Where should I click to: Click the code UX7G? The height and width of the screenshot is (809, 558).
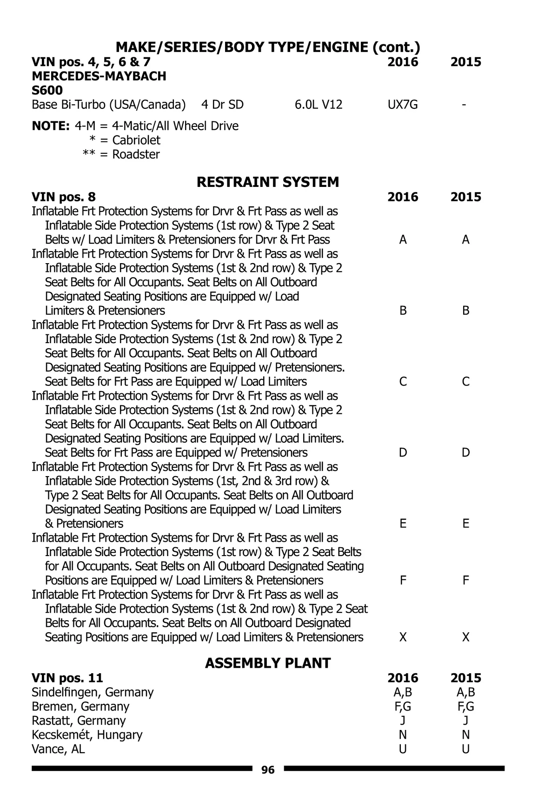[402, 105]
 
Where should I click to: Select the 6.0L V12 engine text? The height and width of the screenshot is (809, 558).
[319, 105]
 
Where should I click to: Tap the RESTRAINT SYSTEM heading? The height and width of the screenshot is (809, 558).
[268, 182]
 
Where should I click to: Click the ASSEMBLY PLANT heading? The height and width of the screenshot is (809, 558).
[268, 663]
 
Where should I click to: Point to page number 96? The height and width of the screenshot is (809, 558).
[268, 770]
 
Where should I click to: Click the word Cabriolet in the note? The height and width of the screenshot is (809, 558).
[136, 140]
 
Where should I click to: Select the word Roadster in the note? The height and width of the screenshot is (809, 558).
[136, 154]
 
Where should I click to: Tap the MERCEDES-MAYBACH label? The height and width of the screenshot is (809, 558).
[99, 76]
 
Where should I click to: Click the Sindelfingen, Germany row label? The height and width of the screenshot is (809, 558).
[93, 692]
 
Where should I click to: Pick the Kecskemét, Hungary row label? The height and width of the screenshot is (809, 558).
[87, 735]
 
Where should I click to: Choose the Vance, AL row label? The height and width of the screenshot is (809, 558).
[58, 749]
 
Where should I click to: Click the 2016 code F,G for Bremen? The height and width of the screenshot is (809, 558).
[402, 706]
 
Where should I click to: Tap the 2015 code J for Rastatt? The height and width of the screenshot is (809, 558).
[465, 721]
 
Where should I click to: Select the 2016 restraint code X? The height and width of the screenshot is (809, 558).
[403, 637]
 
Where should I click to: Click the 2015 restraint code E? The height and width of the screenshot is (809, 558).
[465, 524]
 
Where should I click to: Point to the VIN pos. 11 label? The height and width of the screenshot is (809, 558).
[67, 678]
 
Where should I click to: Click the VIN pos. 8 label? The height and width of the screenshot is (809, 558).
[64, 197]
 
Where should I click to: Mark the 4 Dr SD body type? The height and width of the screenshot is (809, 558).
[222, 105]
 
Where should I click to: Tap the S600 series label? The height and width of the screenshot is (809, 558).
[47, 90]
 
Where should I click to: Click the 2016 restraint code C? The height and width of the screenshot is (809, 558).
[403, 382]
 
